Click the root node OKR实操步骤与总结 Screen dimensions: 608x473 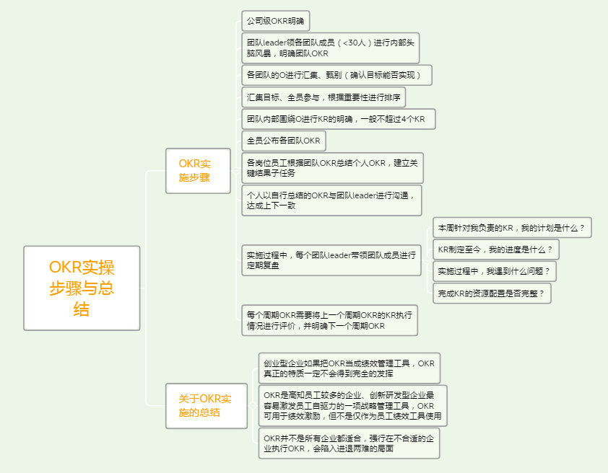[x=82, y=288]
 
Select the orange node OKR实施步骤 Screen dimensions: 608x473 [x=198, y=171]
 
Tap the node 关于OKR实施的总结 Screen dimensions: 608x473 [x=207, y=406]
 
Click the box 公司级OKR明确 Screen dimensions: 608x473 [x=275, y=21]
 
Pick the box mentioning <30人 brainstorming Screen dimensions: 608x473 [x=331, y=48]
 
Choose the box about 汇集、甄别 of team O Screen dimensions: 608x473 [x=336, y=75]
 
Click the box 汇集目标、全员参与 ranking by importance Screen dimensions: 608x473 [x=323, y=97]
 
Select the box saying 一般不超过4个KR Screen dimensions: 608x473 [x=339, y=119]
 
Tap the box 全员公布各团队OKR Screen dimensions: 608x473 [x=284, y=141]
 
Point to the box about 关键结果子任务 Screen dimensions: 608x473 [x=332, y=168]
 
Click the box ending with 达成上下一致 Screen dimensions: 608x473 [x=331, y=200]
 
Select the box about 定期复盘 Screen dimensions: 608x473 [x=331, y=260]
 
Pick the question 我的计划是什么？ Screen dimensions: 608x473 [x=512, y=228]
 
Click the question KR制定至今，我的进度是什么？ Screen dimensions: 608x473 [x=495, y=249]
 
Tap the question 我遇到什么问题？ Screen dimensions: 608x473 [x=495, y=271]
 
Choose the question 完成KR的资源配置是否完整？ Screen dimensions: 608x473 [x=492, y=293]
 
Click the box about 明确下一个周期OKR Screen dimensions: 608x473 [x=329, y=320]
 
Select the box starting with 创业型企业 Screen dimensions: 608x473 [x=349, y=368]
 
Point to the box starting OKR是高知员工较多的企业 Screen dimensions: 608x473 [x=353, y=406]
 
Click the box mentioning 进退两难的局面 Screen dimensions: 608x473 [x=349, y=443]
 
